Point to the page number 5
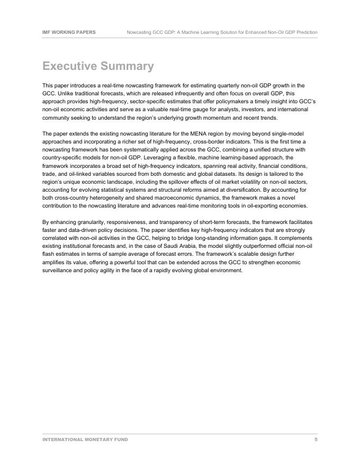(316, 440)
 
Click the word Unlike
(65, 93)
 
